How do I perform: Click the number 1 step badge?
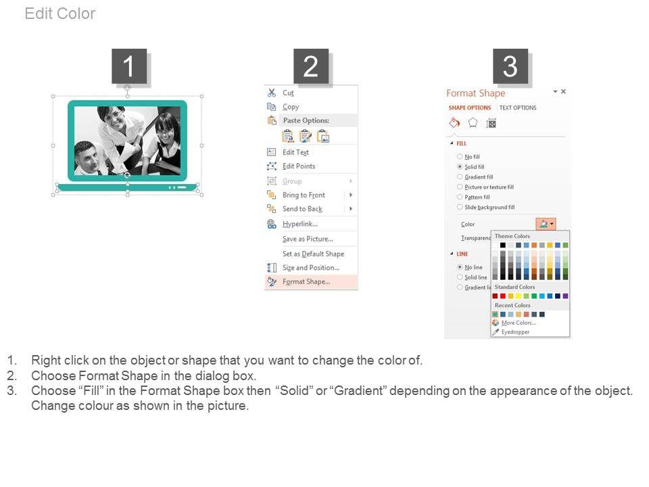pos(129,66)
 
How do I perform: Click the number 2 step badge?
pos(311,66)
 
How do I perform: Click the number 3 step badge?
pos(510,66)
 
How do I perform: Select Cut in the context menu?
pos(288,93)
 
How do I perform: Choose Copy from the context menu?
pos(291,107)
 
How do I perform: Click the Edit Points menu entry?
pos(299,166)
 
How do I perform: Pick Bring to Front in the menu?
pos(304,195)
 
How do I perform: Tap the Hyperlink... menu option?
pos(300,224)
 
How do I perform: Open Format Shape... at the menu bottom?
pos(306,281)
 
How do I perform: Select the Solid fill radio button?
pos(460,166)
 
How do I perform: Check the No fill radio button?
pos(460,156)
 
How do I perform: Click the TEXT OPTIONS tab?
pos(518,108)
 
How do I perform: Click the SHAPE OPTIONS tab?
pos(470,108)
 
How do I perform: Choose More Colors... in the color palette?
pos(519,323)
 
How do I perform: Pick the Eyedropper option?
pos(515,332)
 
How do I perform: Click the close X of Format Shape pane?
pos(563,91)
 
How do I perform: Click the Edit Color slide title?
pos(60,14)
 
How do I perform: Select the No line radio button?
pos(460,267)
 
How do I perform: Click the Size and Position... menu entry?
pos(311,268)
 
